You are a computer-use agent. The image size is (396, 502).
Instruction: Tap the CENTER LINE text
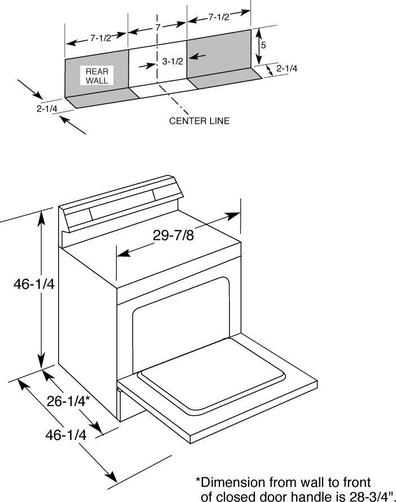pyautogui.click(x=200, y=121)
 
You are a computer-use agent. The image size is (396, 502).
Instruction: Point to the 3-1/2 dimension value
pyautogui.click(x=173, y=61)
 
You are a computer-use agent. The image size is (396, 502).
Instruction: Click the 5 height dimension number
pyautogui.click(x=263, y=45)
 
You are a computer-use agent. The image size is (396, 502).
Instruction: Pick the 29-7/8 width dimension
pyautogui.click(x=174, y=235)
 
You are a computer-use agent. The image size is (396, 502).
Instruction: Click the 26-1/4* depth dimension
pyautogui.click(x=68, y=401)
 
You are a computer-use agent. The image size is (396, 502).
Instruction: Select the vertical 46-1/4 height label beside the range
pyautogui.click(x=34, y=284)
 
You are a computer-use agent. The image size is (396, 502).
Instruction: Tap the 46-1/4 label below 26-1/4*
pyautogui.click(x=67, y=435)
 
